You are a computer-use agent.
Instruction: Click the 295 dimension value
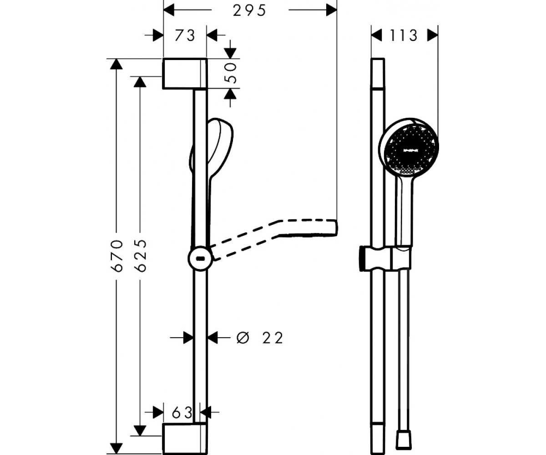[249, 11]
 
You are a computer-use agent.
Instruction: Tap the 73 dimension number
[185, 35]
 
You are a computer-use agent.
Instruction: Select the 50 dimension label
[230, 73]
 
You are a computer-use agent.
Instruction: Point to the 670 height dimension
[116, 255]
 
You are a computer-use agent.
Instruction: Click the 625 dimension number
[141, 255]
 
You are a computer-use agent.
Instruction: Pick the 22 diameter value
[273, 338]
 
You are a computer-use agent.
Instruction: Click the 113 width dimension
[404, 35]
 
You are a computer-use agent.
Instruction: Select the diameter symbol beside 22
[243, 338]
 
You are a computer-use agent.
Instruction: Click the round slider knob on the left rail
[200, 258]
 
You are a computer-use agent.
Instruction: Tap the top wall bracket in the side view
[185, 73]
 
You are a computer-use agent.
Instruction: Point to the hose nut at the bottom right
[404, 441]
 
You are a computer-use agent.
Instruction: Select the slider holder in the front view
[386, 258]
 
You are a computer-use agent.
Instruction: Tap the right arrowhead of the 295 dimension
[331, 10]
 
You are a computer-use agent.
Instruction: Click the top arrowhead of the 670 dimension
[116, 64]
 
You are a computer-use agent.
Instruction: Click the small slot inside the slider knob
[200, 259]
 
